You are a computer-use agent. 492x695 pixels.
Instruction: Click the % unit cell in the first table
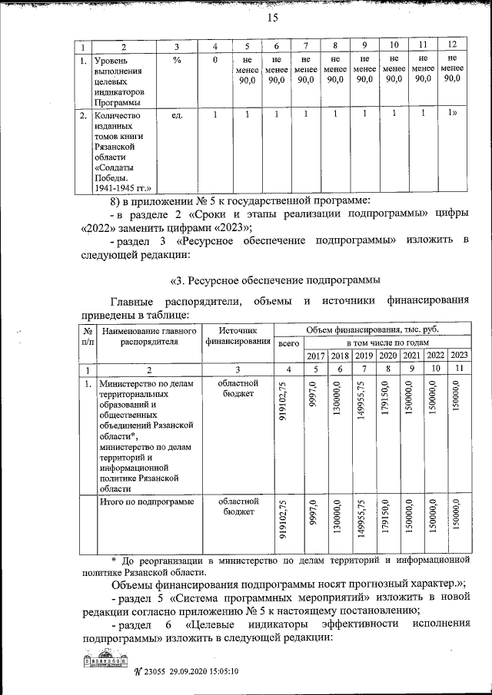point(176,60)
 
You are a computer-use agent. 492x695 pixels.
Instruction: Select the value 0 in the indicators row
point(215,60)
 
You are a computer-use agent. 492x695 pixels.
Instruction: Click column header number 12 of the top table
point(453,45)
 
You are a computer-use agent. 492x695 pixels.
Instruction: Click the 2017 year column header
point(316,356)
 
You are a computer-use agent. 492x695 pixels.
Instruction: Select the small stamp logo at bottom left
point(105,662)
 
